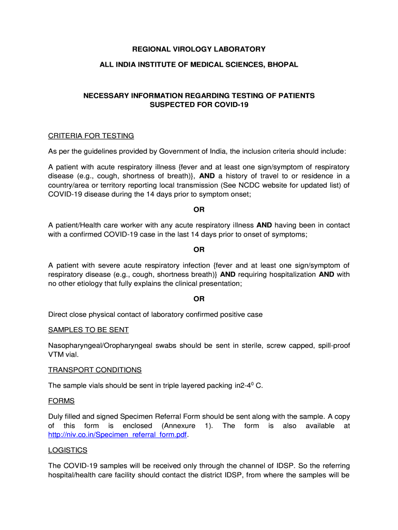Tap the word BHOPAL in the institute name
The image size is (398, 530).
(282, 65)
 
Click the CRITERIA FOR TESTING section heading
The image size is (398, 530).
(91, 136)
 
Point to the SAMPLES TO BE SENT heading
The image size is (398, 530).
(88, 330)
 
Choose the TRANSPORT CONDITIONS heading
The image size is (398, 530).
(95, 370)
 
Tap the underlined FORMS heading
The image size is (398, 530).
(62, 401)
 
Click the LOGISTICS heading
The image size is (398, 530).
(68, 450)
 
